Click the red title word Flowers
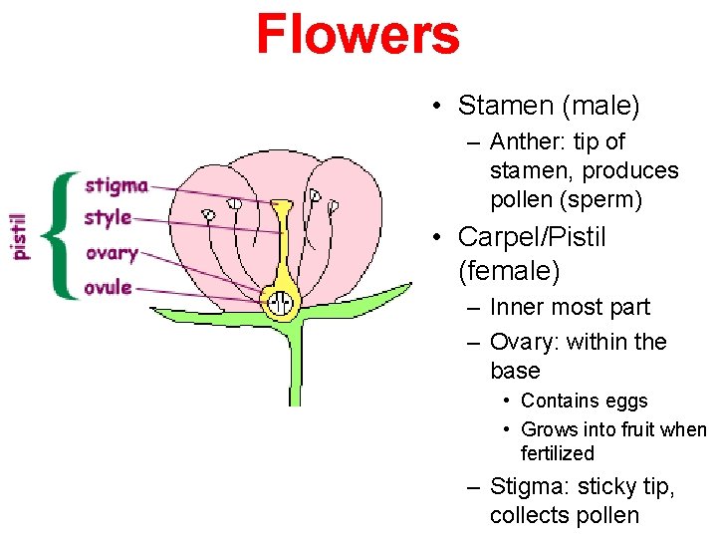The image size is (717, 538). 358,34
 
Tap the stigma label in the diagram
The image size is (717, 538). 117,185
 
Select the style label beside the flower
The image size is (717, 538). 109,217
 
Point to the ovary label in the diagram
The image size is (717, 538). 112,253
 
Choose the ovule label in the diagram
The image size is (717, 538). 109,288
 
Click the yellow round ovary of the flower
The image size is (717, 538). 281,299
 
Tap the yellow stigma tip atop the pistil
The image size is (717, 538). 282,207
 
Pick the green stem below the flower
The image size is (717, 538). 295,369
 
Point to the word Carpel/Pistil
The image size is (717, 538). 531,237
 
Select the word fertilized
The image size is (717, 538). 557,453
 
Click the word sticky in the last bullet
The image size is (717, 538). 616,487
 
